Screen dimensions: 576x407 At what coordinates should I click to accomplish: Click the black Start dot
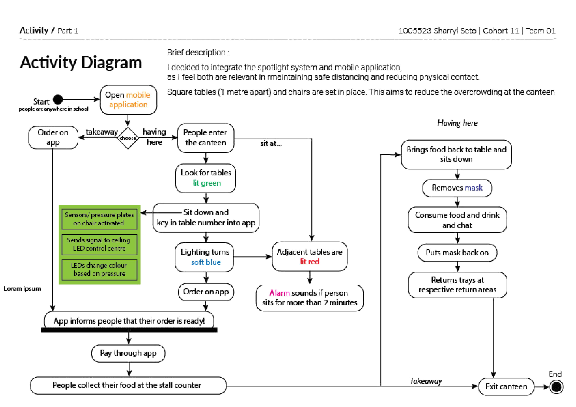[x=58, y=99]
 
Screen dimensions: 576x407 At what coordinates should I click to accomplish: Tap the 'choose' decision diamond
[x=128, y=138]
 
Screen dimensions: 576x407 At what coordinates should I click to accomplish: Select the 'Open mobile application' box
[x=128, y=100]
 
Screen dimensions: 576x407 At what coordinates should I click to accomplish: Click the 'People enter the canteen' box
[x=206, y=138]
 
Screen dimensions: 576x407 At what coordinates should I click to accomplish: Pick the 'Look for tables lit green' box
[x=206, y=178]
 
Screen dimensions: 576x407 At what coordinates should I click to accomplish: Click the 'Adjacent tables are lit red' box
[x=310, y=257]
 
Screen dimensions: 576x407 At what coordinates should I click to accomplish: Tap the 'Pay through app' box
[x=128, y=353]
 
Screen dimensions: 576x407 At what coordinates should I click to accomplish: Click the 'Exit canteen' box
[x=506, y=386]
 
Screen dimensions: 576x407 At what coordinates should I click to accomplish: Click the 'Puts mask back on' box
[x=457, y=253]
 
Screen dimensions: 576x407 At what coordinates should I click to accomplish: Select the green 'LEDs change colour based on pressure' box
[x=99, y=270]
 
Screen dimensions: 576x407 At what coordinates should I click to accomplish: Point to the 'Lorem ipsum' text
[x=22, y=289]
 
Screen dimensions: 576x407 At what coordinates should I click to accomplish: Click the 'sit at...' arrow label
[x=271, y=143]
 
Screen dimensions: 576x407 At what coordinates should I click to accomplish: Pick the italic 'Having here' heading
[x=457, y=123]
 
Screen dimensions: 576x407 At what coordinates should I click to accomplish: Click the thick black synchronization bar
[x=129, y=330]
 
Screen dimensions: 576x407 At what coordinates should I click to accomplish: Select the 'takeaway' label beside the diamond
[x=102, y=132]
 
